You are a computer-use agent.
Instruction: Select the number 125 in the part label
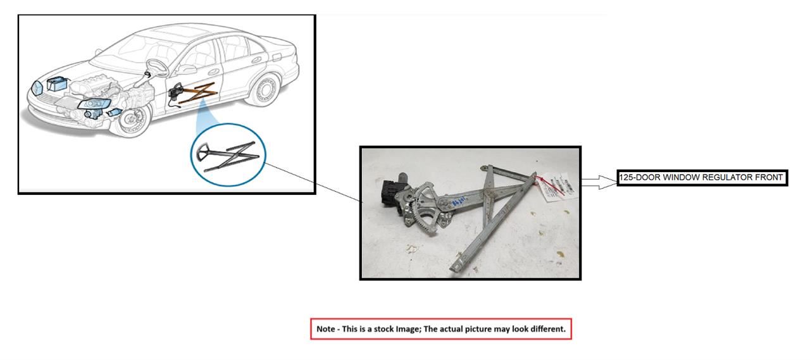[626, 178]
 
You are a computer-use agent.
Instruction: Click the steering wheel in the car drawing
[156, 66]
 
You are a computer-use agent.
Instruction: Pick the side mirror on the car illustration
[187, 69]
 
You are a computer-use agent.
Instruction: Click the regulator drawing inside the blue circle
[228, 154]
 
